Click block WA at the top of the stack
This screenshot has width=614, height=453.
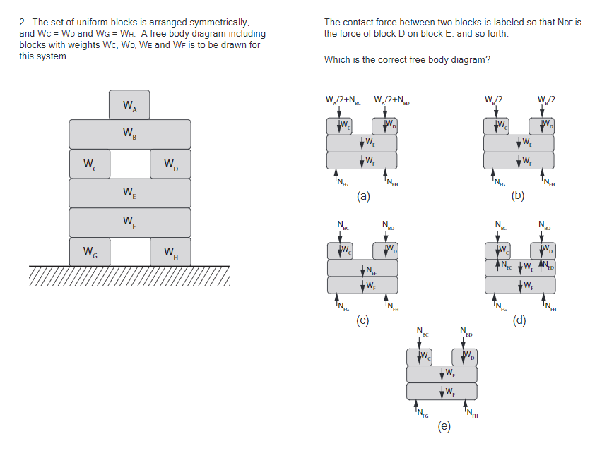tap(129, 104)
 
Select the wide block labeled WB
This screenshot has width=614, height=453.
tap(129, 133)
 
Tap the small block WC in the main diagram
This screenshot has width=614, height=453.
tap(90, 164)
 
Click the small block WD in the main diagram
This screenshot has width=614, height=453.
tap(170, 164)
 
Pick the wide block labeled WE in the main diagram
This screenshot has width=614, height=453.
tap(129, 193)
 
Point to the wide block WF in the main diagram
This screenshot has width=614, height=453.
tap(129, 222)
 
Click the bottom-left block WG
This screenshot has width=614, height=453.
tap(90, 251)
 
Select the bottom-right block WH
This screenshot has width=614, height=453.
tap(170, 251)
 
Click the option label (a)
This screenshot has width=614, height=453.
tap(363, 196)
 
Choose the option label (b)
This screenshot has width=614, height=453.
tap(518, 196)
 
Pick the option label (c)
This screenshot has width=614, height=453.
tap(363, 320)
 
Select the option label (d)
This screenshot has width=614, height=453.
tap(519, 320)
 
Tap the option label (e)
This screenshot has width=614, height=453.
tap(443, 426)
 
